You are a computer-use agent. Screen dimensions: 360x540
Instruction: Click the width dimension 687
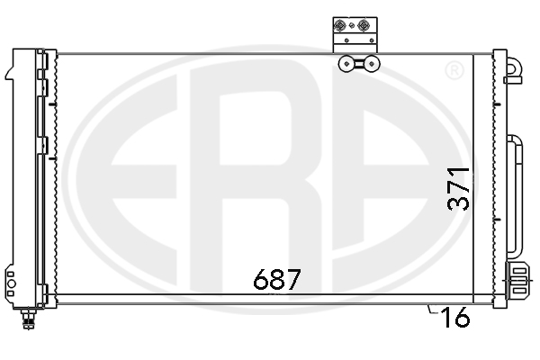pyautogui.click(x=275, y=280)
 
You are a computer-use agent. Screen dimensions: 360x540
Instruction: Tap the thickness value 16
pyautogui.click(x=456, y=318)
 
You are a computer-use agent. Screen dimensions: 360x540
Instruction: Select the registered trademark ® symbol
pyautogui.click(x=454, y=70)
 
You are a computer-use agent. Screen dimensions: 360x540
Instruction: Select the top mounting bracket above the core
pyautogui.click(x=353, y=34)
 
